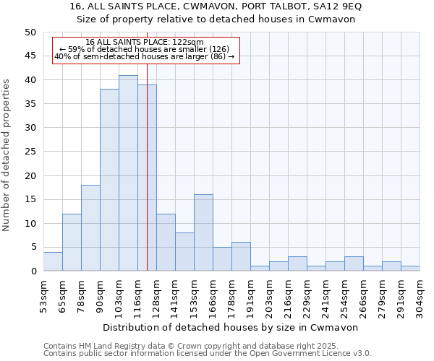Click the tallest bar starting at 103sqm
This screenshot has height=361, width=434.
[128, 173]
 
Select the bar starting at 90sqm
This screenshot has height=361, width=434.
[109, 180]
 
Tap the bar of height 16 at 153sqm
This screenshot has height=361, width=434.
[203, 232]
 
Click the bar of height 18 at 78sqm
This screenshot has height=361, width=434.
[90, 228]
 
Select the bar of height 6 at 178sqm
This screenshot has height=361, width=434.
[241, 256]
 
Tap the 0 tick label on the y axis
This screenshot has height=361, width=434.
[33, 271]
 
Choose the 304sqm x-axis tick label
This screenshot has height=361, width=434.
[420, 296]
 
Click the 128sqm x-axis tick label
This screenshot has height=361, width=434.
[157, 296]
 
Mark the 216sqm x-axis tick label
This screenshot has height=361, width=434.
[289, 296]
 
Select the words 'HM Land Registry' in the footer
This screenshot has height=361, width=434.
[108, 346]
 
